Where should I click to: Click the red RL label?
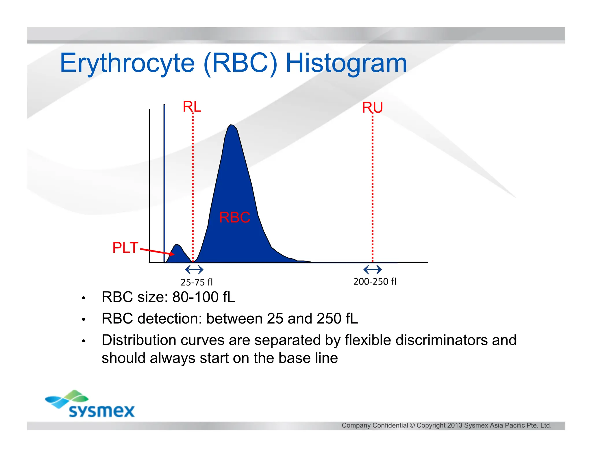coord(192,107)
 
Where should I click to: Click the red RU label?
coord(372,108)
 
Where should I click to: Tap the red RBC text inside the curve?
coord(234,217)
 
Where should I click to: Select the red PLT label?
coord(125,248)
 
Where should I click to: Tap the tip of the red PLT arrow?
coord(173,254)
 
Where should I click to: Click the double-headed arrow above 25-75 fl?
coord(194,270)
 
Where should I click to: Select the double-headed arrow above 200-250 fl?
coord(373,270)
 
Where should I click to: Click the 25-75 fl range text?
coord(197,282)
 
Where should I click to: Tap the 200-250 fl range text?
coord(375,281)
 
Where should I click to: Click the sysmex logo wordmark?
coord(102,411)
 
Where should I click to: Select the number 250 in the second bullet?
coord(329,319)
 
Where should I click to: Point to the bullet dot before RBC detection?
coord(84,319)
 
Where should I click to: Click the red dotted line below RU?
coord(372,188)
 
